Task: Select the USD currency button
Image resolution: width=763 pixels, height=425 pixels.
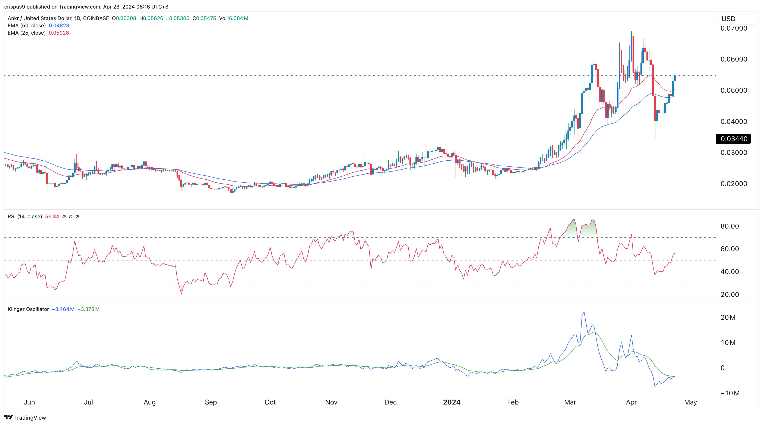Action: point(728,19)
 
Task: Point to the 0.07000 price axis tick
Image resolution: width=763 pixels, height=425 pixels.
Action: point(734,28)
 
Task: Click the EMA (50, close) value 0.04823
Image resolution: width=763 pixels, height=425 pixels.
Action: point(59,25)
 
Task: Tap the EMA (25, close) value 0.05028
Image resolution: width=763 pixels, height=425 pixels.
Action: point(59,33)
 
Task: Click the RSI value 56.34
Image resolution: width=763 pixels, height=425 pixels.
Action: point(52,217)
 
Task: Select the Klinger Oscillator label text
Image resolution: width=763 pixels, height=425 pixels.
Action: point(28,309)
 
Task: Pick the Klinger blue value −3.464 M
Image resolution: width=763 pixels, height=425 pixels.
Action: point(63,309)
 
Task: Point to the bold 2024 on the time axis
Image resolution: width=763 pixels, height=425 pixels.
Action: point(451,402)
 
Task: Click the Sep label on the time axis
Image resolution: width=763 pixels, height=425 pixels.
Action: point(210,402)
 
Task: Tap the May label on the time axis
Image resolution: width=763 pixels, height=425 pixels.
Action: point(690,402)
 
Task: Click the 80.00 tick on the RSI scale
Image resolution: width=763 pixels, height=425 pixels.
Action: point(729,226)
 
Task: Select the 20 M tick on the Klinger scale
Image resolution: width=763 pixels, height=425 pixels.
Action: point(728,317)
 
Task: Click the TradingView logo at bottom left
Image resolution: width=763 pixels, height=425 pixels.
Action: point(25,418)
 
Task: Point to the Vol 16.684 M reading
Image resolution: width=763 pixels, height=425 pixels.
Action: point(233,18)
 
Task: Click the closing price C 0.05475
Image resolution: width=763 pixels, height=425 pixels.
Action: point(204,18)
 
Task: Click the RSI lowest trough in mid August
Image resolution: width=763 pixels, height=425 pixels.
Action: point(181,294)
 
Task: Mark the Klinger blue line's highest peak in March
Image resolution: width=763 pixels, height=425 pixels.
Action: point(584,312)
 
